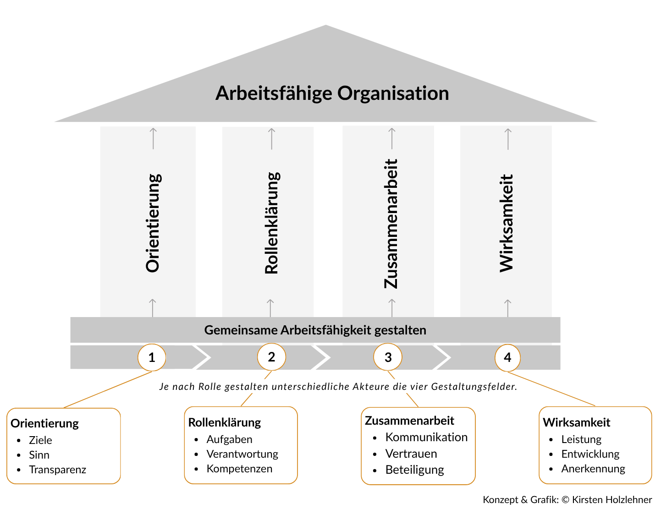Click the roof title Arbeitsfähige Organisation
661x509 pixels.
point(332,93)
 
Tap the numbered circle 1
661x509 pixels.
point(152,357)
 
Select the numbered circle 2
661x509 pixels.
point(271,357)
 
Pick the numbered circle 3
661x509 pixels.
point(388,357)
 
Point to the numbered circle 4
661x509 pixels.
point(507,358)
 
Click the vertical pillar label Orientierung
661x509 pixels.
point(153,223)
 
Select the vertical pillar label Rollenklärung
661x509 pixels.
point(272,223)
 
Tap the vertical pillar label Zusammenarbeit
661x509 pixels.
point(391,224)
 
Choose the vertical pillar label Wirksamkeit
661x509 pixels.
point(507,223)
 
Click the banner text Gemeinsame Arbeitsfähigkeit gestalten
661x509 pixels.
point(315,330)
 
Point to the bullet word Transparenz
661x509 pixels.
point(57,470)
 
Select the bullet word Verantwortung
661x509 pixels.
point(242,454)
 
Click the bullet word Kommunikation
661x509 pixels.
point(426,437)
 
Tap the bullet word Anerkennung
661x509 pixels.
point(593,469)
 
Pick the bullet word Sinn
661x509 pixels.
point(39,455)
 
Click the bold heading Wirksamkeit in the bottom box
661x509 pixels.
point(577,422)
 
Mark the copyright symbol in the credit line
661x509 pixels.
point(565,499)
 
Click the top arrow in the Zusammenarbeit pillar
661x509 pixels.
point(392,138)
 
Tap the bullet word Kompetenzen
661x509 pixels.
point(239,469)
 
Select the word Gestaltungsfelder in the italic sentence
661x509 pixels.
point(474,387)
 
